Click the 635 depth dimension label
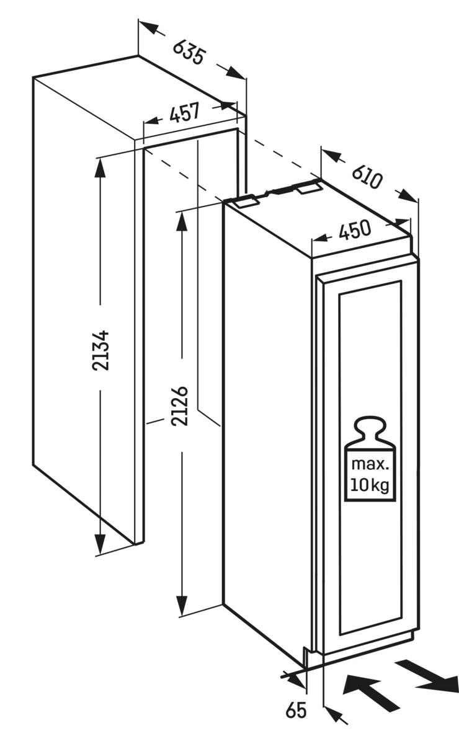(188, 52)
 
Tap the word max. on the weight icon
(370, 464)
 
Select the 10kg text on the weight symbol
(370, 485)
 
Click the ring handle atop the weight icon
(369, 428)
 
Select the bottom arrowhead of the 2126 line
(181, 605)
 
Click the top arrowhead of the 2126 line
(181, 221)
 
